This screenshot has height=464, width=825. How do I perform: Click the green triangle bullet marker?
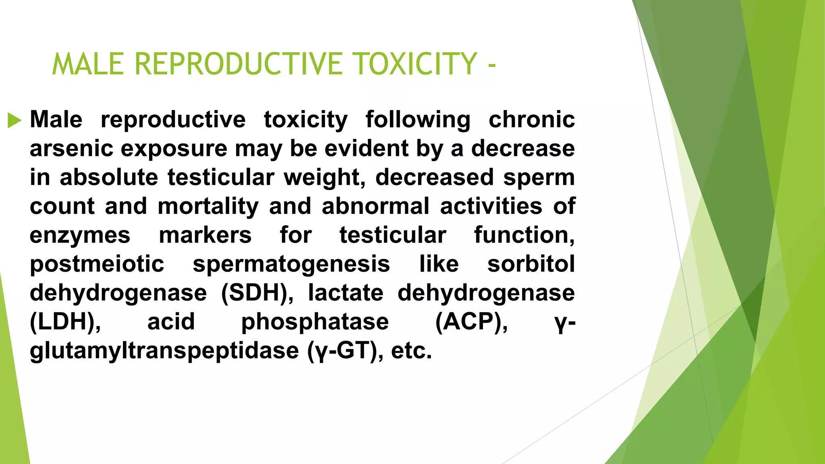tap(15, 120)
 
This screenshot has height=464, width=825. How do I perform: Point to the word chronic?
tap(531, 120)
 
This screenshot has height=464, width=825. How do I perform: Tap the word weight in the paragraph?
tap(324, 177)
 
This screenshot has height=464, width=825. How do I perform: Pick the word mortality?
tap(208, 206)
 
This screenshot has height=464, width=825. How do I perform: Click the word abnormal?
tap(375, 206)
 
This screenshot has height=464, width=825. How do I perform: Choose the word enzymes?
tap(80, 235)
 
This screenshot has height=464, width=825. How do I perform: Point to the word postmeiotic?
tap(97, 264)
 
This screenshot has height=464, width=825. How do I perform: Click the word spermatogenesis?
tap(291, 264)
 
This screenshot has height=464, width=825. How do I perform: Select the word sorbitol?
tap(531, 264)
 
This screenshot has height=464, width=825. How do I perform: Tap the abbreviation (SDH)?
tap(257, 293)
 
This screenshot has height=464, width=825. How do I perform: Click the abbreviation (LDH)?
tap(65, 322)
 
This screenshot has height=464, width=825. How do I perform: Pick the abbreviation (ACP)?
tap(471, 322)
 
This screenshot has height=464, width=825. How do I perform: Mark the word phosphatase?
tap(315, 322)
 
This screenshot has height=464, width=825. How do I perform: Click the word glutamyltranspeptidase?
tap(164, 351)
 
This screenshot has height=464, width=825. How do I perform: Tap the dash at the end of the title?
tap(491, 65)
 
